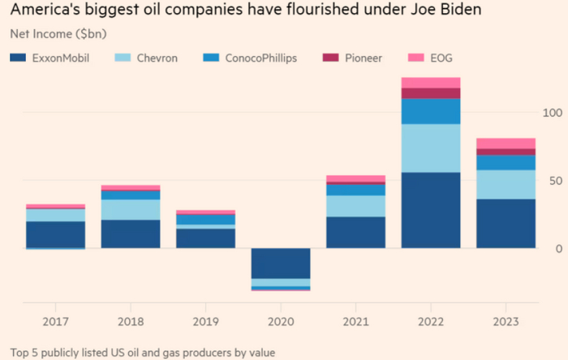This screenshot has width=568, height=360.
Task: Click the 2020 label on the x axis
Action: point(280,322)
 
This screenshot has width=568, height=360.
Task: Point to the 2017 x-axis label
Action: point(56,322)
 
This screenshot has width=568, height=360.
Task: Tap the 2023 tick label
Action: point(505,322)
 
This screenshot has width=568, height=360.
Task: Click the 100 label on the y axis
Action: point(553,112)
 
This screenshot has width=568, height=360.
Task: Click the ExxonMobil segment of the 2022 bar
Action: point(430,210)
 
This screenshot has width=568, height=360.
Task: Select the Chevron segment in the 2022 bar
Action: point(430,148)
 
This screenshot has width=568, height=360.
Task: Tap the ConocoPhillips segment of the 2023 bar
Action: point(505,162)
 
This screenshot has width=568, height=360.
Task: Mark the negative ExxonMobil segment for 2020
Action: point(280,264)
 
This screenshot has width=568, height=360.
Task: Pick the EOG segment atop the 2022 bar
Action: point(430,82)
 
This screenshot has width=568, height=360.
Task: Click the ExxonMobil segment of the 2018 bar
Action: point(131,234)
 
